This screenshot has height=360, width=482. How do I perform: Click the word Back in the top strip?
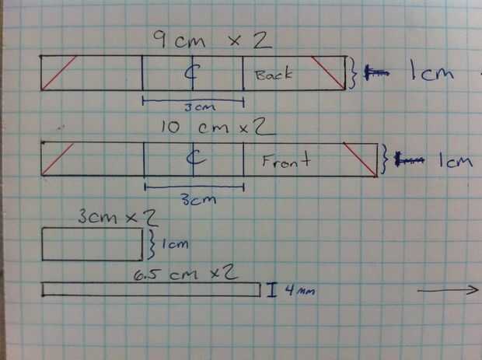pos(273,75)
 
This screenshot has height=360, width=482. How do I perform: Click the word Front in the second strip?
pos(286,161)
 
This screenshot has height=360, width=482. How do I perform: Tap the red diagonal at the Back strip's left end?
pos(59,72)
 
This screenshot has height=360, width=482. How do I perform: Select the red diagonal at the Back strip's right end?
pos(328,72)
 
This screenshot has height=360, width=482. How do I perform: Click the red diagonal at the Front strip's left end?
pos(58,159)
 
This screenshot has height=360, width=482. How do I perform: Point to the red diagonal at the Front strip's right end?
pos(359,160)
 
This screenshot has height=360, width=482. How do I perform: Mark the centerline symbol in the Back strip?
pos(192,72)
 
